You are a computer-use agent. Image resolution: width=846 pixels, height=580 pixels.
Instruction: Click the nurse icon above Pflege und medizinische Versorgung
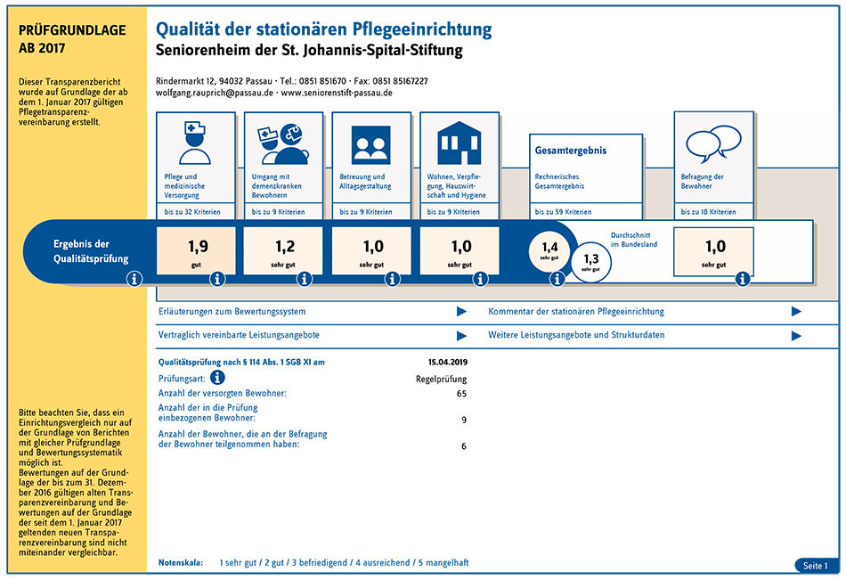pos(195,143)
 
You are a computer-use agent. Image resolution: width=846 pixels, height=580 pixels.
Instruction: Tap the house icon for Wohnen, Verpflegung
pos(459,143)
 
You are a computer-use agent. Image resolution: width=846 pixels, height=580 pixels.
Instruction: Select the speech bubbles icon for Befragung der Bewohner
pos(713,144)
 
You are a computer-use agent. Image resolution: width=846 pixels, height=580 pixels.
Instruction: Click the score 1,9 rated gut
pos(198,247)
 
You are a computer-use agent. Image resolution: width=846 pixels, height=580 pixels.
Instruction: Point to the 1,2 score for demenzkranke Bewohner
pos(285,247)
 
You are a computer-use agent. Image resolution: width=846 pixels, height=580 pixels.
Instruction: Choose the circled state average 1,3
pos(590,262)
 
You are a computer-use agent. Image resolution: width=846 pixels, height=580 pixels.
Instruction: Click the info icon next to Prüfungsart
pos(217,378)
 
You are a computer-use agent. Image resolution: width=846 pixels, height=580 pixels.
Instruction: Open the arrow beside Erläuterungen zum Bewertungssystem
pos(461,312)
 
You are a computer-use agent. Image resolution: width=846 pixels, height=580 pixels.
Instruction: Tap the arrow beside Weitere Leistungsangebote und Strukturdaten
pos(796,336)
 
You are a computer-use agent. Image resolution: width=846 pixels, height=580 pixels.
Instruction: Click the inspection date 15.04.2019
pos(448,363)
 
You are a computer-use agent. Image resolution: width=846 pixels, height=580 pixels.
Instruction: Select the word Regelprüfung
pos(441,380)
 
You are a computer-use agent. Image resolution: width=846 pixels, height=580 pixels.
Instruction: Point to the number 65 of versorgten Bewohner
pos(462,394)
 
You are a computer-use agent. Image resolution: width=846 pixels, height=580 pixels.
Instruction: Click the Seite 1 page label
pos(815,566)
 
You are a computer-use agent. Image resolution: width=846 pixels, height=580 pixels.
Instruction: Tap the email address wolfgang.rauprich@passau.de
pos(215,93)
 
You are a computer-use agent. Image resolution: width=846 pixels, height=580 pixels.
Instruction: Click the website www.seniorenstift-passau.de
pos(337,93)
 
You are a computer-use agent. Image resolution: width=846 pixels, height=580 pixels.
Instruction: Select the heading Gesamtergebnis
pos(570,151)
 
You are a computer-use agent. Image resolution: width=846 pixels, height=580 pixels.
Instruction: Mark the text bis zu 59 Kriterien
pos(563,212)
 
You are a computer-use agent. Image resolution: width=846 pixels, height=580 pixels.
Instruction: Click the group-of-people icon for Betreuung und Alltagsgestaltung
pos(370,144)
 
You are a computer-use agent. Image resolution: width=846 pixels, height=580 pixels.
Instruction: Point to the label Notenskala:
pos(181,563)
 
